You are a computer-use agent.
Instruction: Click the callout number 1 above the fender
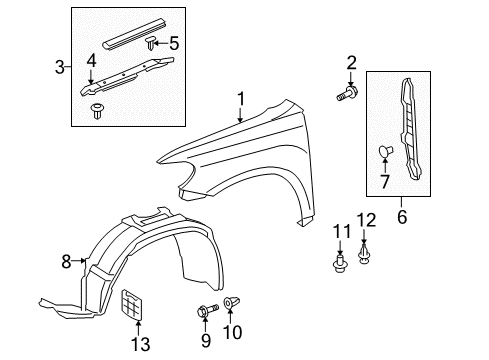pyautogui.click(x=239, y=98)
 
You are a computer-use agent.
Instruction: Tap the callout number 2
pyautogui.click(x=351, y=65)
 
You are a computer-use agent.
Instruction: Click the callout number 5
pyautogui.click(x=174, y=43)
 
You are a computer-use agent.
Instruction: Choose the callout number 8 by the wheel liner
pyautogui.click(x=68, y=262)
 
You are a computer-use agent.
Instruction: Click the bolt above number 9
pyautogui.click(x=203, y=311)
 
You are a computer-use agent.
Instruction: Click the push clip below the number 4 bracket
pyautogui.click(x=98, y=110)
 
